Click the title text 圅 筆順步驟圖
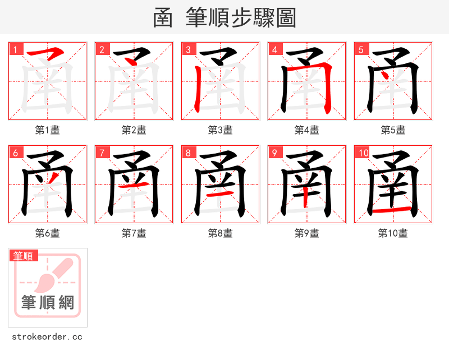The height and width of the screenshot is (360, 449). pos(224,18)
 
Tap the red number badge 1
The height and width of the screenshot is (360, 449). pos(15,50)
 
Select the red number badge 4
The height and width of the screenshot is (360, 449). pos(274,50)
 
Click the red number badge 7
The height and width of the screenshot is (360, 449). pos(102,153)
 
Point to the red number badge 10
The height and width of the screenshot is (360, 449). pos(363,153)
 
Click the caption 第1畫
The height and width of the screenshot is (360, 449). pos(48,130)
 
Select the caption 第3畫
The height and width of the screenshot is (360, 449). pos(221,130)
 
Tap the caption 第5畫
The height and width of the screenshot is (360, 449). pos(393,130)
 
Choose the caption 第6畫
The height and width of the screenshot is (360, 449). pos(48,233)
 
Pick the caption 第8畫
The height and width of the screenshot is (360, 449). pos(221,233)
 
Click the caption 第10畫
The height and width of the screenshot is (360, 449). pos(393,233)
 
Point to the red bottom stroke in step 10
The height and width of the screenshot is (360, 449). pos(393,211)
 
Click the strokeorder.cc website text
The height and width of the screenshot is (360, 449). pos(47,337)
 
